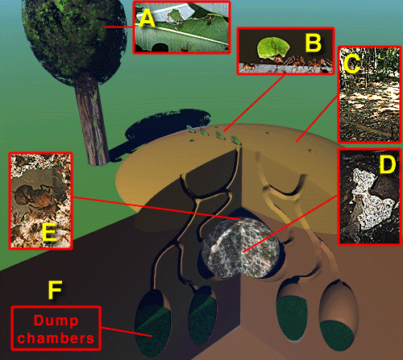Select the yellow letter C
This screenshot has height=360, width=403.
tap(352, 64)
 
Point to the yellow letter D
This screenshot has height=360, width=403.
tap(388, 164)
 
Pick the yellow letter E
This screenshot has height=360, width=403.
tap(49, 231)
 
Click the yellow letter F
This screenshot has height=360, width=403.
tap(55, 290)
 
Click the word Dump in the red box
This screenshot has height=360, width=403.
tap(56, 321)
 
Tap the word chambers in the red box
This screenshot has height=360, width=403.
tap(56, 338)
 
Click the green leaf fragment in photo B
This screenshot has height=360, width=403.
tap(273, 48)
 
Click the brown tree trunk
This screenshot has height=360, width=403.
tap(91, 121)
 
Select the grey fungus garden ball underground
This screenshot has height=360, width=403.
tap(240, 248)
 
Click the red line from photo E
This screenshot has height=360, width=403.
tap(156, 209)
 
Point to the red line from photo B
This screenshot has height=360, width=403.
tap(254, 103)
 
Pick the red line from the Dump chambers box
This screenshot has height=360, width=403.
tap(127, 332)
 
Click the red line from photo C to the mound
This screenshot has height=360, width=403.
tap(317, 119)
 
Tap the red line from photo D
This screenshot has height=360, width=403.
tap(290, 224)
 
